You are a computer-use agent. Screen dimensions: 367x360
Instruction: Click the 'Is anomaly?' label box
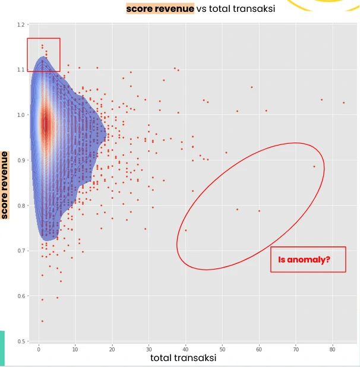tap(308, 260)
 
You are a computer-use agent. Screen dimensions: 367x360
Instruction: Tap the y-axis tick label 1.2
tap(22, 25)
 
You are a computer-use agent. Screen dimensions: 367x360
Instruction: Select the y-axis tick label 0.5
tap(22, 341)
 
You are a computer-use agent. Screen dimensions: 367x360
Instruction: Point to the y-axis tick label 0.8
tap(22, 206)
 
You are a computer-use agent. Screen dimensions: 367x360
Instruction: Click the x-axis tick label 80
tap(333, 348)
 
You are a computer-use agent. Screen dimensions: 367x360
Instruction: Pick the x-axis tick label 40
tap(185, 348)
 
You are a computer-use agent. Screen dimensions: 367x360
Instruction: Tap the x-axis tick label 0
tap(39, 348)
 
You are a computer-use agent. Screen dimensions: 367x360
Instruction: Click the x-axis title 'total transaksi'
tap(183, 358)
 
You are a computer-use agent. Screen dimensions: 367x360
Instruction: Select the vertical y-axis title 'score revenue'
tap(5, 185)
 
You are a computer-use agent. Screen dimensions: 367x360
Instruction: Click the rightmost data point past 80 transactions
tap(343, 103)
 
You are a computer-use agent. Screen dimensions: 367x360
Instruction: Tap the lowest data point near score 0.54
tap(42, 321)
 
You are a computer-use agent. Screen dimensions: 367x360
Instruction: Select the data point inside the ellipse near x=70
tap(314, 166)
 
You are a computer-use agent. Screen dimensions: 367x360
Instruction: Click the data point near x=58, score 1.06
tap(252, 87)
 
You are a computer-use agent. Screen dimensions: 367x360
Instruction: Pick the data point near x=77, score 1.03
tap(321, 100)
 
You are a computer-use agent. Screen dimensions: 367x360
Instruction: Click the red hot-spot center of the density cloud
tap(45, 125)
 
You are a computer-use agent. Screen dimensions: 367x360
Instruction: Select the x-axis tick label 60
tap(259, 348)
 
